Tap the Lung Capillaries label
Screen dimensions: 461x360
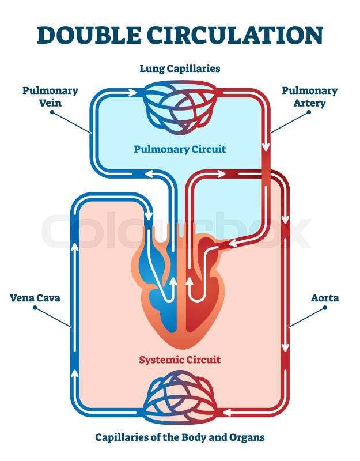(x=180, y=69)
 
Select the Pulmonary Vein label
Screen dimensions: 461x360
(x=50, y=97)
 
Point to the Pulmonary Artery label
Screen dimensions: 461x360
(x=310, y=97)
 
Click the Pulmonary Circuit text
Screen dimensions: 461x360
(x=180, y=149)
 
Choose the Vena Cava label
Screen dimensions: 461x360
(x=35, y=298)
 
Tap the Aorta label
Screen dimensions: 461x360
(x=325, y=298)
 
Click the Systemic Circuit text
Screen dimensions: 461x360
(x=180, y=360)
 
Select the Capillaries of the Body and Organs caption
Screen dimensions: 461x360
(x=180, y=437)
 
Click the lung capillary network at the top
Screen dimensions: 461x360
(x=180, y=107)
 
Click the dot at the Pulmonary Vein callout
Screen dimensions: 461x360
(x=52, y=112)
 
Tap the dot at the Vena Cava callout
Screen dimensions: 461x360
(x=35, y=308)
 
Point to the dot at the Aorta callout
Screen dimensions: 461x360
(x=325, y=308)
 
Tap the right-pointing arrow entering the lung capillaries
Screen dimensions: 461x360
(x=135, y=92)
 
